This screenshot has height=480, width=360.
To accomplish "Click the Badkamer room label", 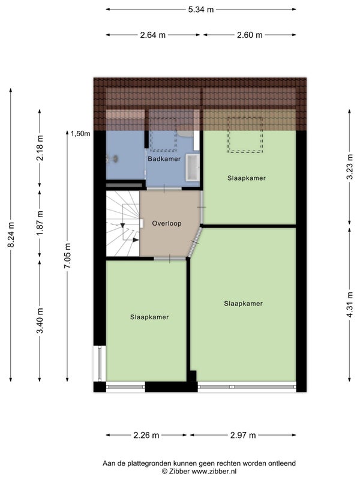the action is (164, 159).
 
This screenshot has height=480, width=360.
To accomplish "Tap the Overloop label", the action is (167, 223).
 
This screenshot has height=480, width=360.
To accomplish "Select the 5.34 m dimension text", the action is (201, 10).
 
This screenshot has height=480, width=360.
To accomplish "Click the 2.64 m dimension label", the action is (153, 35).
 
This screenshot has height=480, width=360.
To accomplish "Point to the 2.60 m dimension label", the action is (250, 35).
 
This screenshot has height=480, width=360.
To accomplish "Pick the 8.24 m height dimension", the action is (11, 235).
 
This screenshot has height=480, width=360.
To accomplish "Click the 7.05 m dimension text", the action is (67, 256).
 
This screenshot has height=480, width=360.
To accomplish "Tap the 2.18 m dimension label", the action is (40, 148).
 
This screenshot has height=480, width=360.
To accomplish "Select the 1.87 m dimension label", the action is (40, 223).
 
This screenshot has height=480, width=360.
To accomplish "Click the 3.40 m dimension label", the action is (40, 320).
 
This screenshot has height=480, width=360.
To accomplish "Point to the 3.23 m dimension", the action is (350, 166).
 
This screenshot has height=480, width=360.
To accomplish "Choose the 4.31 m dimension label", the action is (350, 305).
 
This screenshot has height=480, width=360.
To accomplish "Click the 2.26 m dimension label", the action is (146, 436).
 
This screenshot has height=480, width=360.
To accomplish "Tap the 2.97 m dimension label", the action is (243, 436).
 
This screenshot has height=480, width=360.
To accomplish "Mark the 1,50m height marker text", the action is (80, 134).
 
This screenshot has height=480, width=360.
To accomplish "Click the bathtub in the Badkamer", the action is (193, 167).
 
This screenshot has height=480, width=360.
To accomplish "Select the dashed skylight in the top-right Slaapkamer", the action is (245, 134).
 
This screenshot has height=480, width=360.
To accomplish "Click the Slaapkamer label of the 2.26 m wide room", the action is (149, 317).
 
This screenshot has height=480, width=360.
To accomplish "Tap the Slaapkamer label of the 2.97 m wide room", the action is (244, 304).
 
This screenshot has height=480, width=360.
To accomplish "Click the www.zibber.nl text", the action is (214, 472).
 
